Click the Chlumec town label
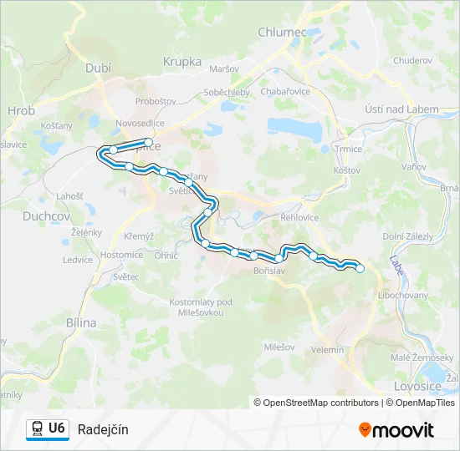tap(284, 31)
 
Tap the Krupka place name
tap(182, 61)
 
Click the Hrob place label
tap(21, 109)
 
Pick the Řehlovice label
tap(301, 217)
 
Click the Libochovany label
tap(404, 296)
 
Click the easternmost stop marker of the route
tap(360, 268)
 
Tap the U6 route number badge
tap(57, 428)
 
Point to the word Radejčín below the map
tap(103, 429)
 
